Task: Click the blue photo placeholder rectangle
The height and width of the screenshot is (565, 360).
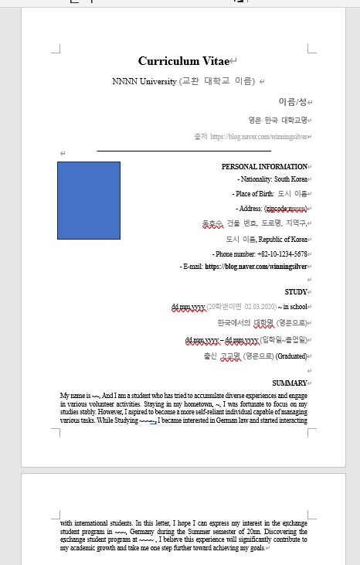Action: pos(89,200)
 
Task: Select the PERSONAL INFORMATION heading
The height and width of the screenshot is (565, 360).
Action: pos(263,167)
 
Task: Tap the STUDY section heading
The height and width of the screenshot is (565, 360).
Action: pos(295,292)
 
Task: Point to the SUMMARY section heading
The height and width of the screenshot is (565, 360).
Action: pos(289,383)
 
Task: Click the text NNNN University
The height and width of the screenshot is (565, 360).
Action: pos(144,81)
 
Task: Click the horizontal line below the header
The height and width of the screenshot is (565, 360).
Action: pos(184,151)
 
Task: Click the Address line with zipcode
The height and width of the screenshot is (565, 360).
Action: pos(271,209)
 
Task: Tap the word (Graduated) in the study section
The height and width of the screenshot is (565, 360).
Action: pos(294,356)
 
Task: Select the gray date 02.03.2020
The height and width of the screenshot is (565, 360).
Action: pos(265,307)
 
